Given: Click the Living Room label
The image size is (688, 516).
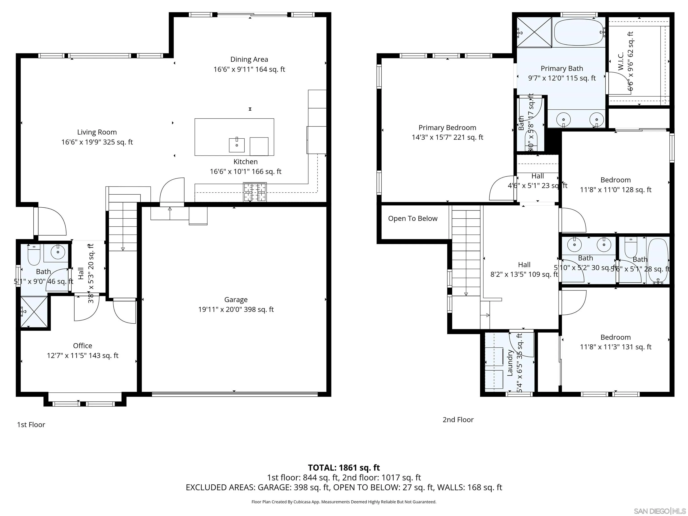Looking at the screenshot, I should (x=97, y=132).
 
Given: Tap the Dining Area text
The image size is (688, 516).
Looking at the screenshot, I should (x=249, y=59).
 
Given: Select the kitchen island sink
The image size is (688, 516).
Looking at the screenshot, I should (x=237, y=145).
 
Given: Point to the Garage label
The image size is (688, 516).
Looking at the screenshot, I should (x=236, y=299).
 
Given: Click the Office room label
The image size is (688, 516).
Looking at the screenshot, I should (x=82, y=346).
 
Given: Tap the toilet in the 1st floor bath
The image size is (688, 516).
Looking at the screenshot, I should (x=34, y=254).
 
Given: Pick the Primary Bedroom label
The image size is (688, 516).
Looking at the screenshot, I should (x=447, y=127).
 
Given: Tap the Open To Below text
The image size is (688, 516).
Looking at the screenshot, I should (x=413, y=219).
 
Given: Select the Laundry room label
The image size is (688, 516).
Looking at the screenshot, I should (x=510, y=363).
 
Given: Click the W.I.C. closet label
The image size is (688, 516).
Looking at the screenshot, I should (x=621, y=61).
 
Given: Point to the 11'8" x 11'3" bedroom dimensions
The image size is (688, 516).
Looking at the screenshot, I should (x=615, y=347).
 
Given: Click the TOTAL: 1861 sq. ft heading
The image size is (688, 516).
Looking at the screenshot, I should (x=344, y=467).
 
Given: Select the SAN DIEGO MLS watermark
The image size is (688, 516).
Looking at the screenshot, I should (x=659, y=511).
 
